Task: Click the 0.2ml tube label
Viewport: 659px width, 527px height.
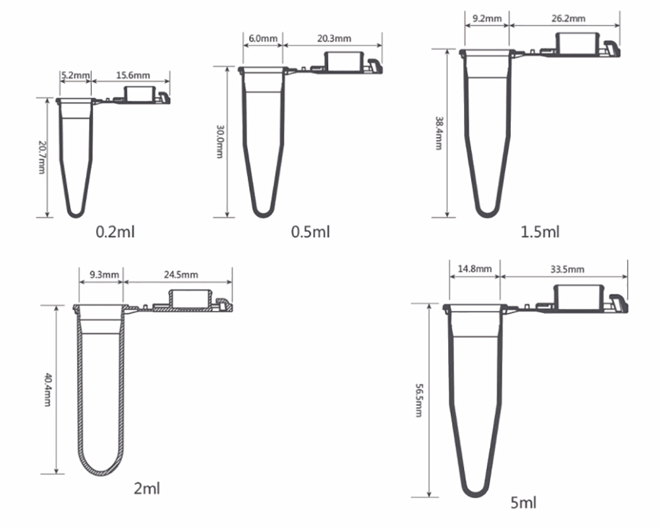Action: pyautogui.click(x=115, y=232)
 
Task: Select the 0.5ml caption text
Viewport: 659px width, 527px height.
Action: pyautogui.click(x=310, y=232)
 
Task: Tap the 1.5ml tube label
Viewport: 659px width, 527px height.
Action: pyautogui.click(x=540, y=232)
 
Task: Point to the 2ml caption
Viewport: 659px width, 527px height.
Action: pyautogui.click(x=146, y=488)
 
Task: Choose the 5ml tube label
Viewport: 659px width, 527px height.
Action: pyautogui.click(x=523, y=503)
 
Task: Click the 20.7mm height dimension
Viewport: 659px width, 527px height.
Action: pyautogui.click(x=42, y=157)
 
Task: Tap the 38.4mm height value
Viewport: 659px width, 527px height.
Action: pyautogui.click(x=438, y=134)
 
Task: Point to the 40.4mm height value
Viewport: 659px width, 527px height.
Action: pyautogui.click(x=47, y=389)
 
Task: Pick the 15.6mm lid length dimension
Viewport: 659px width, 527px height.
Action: pyautogui.click(x=132, y=76)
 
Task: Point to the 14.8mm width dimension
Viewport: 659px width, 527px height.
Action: pyautogui.click(x=474, y=269)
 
